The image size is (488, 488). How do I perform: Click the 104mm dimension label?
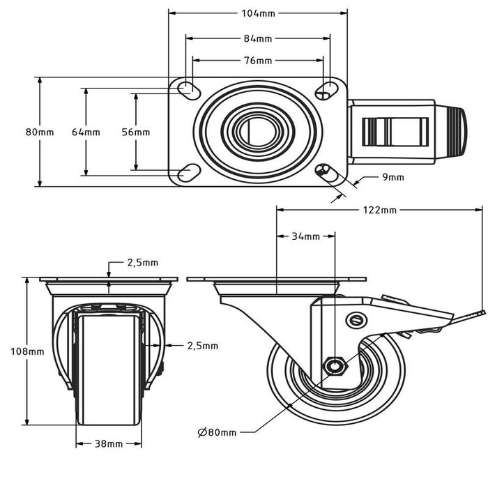tap(258, 13)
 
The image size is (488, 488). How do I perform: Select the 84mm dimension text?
tap(258, 38)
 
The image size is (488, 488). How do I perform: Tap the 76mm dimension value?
tap(258, 61)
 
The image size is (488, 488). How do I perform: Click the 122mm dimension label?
tap(380, 210)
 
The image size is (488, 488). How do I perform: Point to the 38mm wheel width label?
tap(109, 443)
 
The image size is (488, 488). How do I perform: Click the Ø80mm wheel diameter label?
tap(218, 432)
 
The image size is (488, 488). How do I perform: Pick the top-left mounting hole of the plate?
tap(187, 89)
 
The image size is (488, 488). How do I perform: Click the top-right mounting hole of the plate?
tap(325, 89)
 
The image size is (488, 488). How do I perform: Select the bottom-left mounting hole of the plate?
tap(186, 171)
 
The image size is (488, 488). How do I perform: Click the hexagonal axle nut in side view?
tap(335, 365)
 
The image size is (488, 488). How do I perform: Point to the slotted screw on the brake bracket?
tap(356, 320)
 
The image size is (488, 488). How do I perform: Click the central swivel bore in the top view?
tap(258, 131)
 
